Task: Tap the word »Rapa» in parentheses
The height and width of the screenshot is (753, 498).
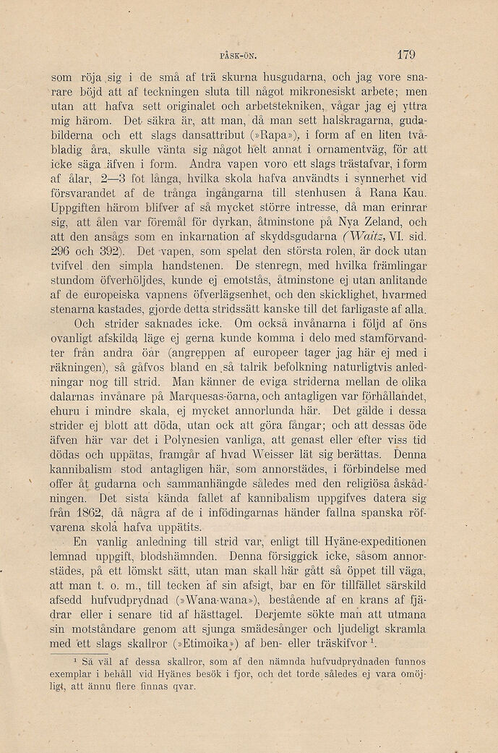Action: pos(261,136)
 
